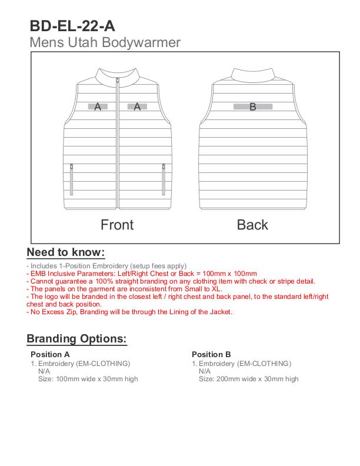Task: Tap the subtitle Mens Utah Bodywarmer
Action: pyautogui.click(x=105, y=42)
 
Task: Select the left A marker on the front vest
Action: pyautogui.click(x=98, y=106)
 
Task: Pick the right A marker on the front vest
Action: pyautogui.click(x=137, y=106)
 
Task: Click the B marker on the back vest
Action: pyautogui.click(x=253, y=106)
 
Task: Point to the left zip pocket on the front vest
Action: pyautogui.click(x=71, y=179)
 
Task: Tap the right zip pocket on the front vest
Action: pyautogui.click(x=164, y=179)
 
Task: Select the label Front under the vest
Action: pyautogui.click(x=117, y=225)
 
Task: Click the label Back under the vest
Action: pyautogui.click(x=252, y=225)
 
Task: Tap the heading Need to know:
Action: pyautogui.click(x=65, y=252)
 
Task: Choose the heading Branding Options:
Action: pyautogui.click(x=76, y=339)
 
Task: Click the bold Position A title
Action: pyautogui.click(x=50, y=354)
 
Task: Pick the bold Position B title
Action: pyautogui.click(x=211, y=354)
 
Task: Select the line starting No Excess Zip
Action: pyautogui.click(x=129, y=312)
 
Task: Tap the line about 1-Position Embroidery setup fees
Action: pyautogui.click(x=106, y=266)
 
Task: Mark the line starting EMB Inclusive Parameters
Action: pyautogui.click(x=142, y=274)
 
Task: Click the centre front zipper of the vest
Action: pyautogui.click(x=118, y=147)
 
